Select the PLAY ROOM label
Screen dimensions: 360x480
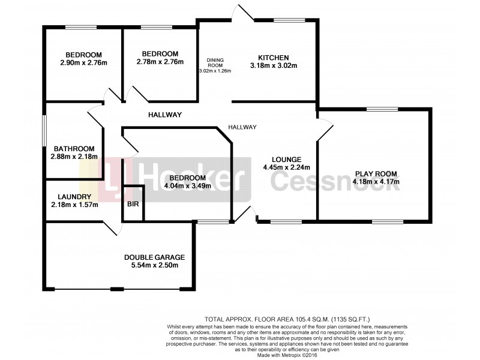click(x=376, y=172)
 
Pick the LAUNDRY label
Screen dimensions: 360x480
click(x=74, y=197)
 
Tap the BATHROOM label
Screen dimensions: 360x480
click(x=74, y=149)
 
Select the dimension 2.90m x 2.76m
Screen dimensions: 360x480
click(x=83, y=62)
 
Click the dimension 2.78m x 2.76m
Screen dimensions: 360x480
click(x=160, y=61)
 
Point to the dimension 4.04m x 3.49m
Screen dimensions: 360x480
click(x=187, y=186)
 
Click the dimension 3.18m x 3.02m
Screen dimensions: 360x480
click(x=274, y=66)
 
